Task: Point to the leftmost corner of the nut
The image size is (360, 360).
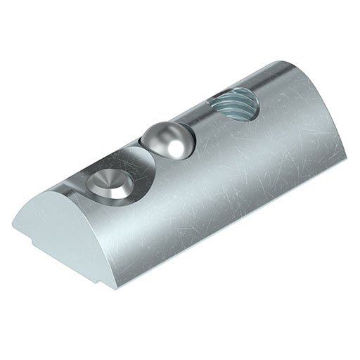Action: pyautogui.click(x=12, y=224)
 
